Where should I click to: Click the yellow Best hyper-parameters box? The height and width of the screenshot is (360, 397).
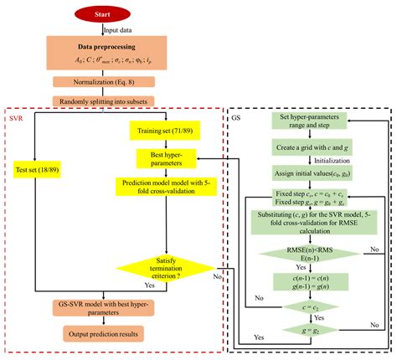click(168, 157)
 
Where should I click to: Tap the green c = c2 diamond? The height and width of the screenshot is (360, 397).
click(312, 306)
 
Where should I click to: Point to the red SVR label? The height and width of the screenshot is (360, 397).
click(16, 118)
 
